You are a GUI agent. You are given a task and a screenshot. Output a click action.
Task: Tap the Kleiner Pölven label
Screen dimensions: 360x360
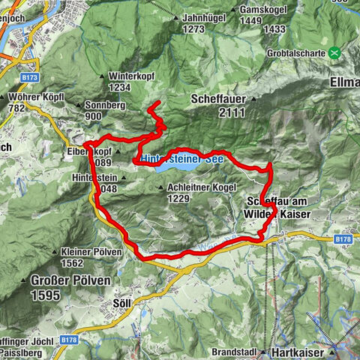[91, 252]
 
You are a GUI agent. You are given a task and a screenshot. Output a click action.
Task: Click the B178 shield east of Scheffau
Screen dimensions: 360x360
[343, 238]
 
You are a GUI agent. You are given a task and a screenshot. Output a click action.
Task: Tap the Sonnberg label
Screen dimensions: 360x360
[104, 106]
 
